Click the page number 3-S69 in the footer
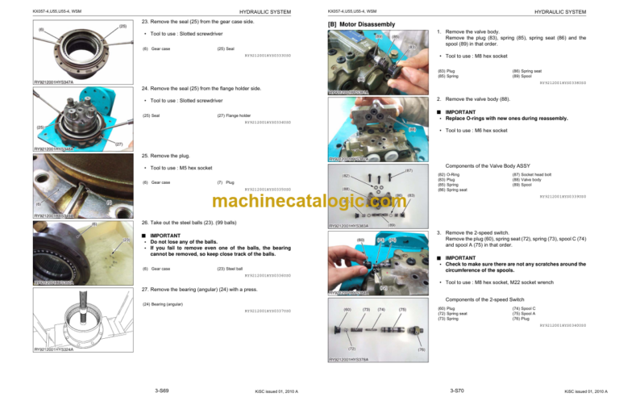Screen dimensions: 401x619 pos(160,391)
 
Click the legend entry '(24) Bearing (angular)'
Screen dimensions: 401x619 pos(162,304)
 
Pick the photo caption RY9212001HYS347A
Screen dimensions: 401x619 pos(54,82)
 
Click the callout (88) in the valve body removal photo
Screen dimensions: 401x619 pos(411,129)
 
